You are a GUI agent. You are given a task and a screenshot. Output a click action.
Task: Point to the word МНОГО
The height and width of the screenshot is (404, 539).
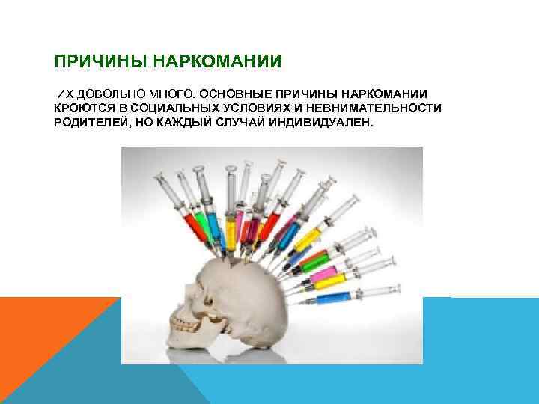tap(170, 94)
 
